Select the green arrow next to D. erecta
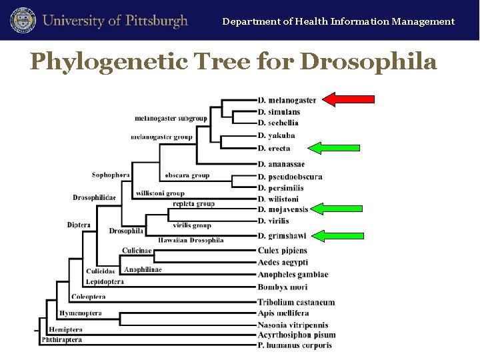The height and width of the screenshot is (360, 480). click(x=335, y=148)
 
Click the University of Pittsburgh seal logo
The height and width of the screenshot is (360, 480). click(x=21, y=20)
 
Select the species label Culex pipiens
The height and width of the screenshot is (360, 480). click(x=283, y=251)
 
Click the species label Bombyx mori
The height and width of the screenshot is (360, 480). click(x=283, y=287)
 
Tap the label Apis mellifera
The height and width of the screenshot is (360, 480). click(x=283, y=313)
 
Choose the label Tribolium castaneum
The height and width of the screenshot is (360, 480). click(x=296, y=302)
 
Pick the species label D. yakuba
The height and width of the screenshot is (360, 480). click(x=276, y=135)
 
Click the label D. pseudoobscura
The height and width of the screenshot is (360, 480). click(x=290, y=177)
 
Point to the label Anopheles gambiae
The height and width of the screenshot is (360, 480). click(x=293, y=275)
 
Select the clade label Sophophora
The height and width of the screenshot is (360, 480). click(x=111, y=175)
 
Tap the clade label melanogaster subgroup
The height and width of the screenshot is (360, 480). click(x=171, y=119)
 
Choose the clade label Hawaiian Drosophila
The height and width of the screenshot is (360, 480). click(x=191, y=240)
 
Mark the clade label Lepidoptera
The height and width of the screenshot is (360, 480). click(x=105, y=282)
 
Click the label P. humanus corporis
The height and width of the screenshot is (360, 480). click(x=295, y=345)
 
